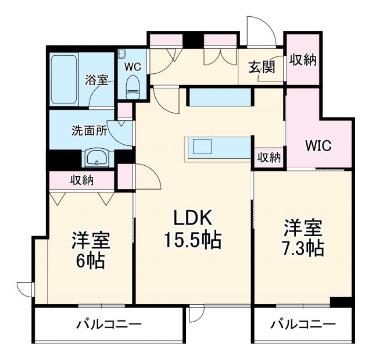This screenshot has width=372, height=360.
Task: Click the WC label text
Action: pos(133,66)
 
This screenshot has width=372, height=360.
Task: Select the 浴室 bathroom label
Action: pos(96,80)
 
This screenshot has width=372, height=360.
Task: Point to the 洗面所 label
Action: pos(89,130)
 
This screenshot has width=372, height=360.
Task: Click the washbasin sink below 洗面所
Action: pos(96,157)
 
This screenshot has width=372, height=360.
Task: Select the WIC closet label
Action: pos(319,145)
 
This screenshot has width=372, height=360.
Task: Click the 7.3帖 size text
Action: pos(303,248)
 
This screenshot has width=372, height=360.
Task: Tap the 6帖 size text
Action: pos(91,261)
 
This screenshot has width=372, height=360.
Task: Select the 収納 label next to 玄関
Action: pos(303,60)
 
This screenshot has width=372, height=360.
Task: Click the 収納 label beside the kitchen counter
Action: pos(269,157)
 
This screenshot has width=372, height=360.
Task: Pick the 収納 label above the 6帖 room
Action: pos(83,180)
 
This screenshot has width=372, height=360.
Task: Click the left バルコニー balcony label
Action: pos(109,324)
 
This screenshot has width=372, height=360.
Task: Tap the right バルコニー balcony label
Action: pos(303,324)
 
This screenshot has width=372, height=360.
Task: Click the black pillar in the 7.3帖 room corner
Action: pos(341,302)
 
